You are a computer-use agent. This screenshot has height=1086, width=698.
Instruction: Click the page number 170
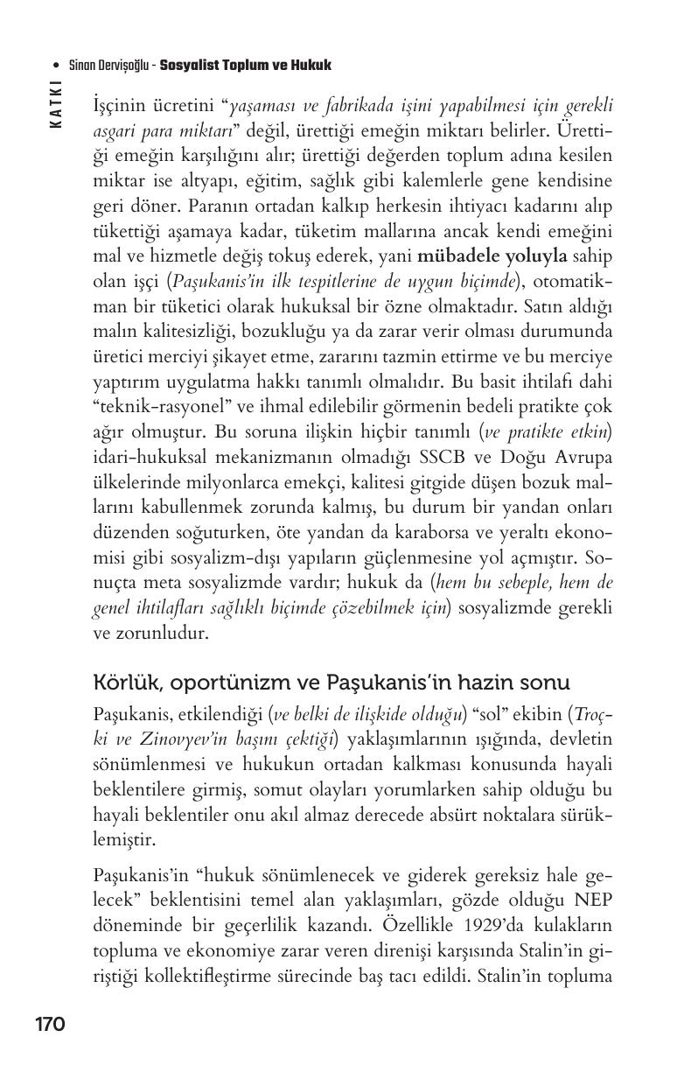[x=50, y=1024]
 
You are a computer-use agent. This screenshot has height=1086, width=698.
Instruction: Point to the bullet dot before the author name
[x=56, y=66]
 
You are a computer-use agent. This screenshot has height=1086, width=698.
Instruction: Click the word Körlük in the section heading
[x=120, y=682]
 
